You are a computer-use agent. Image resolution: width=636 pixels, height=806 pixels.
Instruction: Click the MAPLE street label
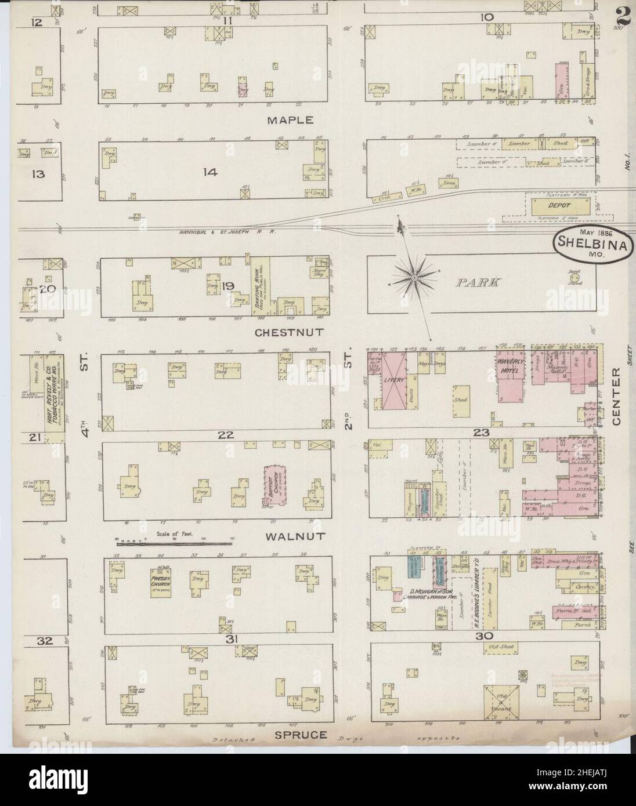click(290, 121)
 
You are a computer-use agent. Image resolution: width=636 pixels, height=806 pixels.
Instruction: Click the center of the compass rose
click(414, 279)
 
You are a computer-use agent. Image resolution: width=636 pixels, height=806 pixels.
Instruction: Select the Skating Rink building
click(257, 286)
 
